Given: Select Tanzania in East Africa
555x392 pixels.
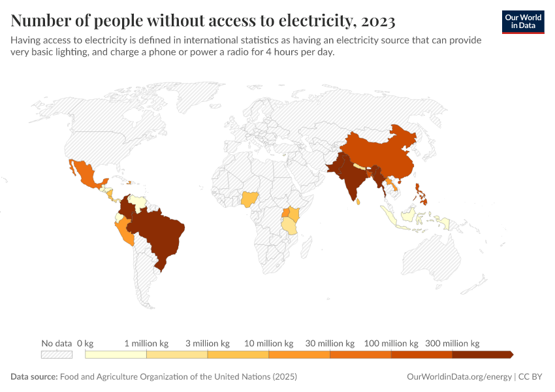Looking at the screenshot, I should pos(289,225).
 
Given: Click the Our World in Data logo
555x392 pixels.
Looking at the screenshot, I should pos(523,22).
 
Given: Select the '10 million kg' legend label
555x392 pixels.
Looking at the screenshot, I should pos(268,343).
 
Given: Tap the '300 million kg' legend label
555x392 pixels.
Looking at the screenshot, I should pos(452,343).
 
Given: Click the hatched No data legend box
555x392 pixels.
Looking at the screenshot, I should pos(56,355).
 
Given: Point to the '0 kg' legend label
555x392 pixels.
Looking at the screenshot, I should pos(85,343).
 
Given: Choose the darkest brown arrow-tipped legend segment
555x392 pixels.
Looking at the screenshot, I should pos(482,355).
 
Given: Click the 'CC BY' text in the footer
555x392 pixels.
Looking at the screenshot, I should pos(531,377).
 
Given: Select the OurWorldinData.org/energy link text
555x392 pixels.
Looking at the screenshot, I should pos(459,377).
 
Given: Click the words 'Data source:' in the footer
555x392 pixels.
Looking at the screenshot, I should pos(34,377).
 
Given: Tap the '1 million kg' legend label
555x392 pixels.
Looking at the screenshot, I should pos(146,343).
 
